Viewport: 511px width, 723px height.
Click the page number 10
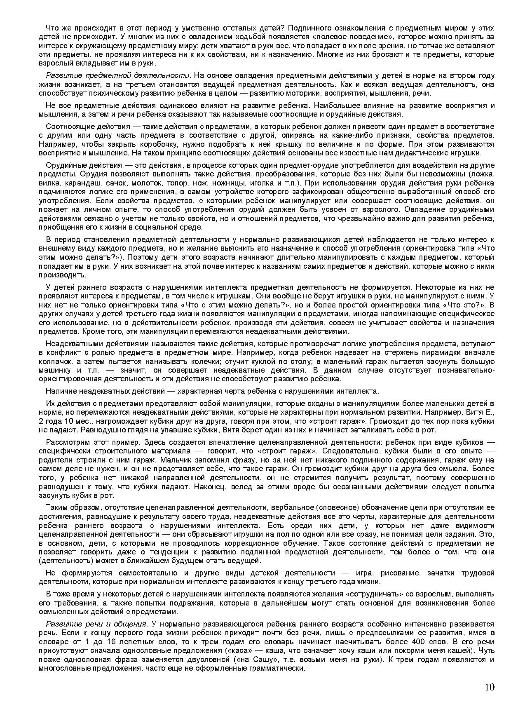click(x=489, y=687)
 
